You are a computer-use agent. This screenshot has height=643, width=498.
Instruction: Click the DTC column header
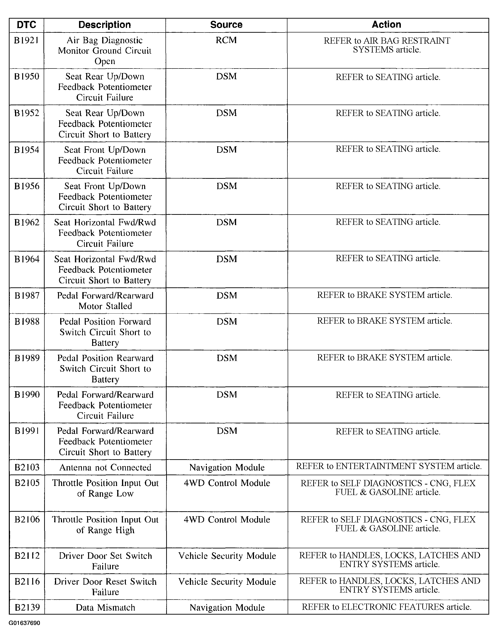click(x=26, y=25)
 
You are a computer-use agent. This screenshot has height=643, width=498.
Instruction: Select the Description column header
click(x=105, y=25)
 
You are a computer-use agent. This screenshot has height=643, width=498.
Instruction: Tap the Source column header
click(x=226, y=25)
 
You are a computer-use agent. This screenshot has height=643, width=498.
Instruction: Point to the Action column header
click(x=386, y=24)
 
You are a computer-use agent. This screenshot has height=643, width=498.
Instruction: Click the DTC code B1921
click(x=26, y=40)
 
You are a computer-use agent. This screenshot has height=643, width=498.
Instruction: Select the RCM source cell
click(x=226, y=40)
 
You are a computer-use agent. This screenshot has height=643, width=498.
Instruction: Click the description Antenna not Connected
click(x=105, y=468)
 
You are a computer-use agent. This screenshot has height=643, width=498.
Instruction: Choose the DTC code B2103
click(x=27, y=468)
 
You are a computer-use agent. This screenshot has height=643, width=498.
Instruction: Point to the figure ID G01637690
click(x=24, y=623)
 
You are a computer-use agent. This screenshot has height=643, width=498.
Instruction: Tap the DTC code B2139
click(x=27, y=607)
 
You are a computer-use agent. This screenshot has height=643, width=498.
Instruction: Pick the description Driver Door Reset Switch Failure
click(x=105, y=587)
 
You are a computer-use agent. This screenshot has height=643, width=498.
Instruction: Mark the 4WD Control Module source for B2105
click(x=227, y=483)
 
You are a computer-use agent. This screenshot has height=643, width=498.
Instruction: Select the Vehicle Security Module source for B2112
click(x=227, y=556)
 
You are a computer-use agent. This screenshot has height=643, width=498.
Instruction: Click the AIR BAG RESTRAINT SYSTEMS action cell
click(x=387, y=45)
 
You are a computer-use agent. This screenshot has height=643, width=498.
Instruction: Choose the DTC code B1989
click(x=27, y=358)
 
